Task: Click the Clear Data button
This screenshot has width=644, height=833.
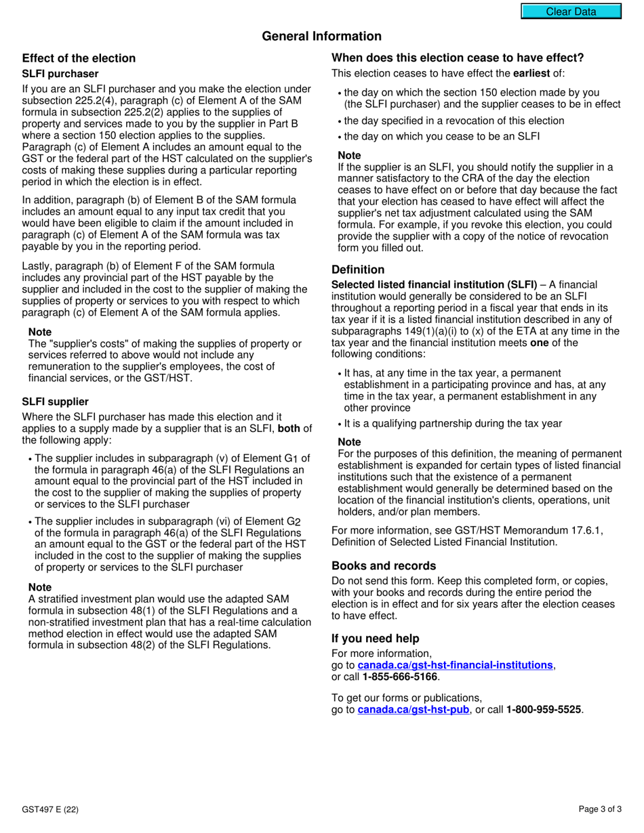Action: (571, 12)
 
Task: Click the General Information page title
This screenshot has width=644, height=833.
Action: (321, 37)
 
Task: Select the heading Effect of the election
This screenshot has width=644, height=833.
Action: (79, 58)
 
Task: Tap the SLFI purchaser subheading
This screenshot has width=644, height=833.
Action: (60, 74)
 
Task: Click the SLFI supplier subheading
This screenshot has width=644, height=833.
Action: (56, 402)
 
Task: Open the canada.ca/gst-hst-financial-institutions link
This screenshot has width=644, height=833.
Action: (455, 665)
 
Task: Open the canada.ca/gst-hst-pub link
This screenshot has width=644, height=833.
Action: (413, 710)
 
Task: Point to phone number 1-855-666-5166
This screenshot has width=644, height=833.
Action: (400, 677)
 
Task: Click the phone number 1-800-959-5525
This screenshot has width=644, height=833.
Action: (544, 710)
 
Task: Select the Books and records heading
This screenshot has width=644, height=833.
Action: (384, 565)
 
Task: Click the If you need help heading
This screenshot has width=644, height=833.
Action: (375, 639)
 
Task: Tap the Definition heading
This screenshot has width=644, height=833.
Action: (358, 270)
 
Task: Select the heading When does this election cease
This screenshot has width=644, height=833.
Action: (457, 58)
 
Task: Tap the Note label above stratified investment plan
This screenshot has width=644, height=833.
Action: (40, 587)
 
